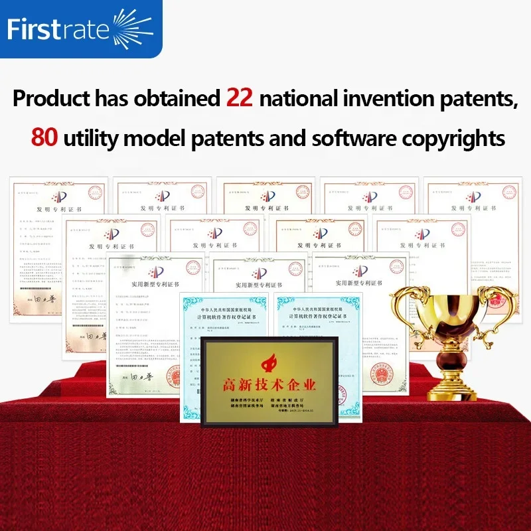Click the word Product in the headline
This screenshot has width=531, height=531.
pyautogui.click(x=51, y=99)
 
